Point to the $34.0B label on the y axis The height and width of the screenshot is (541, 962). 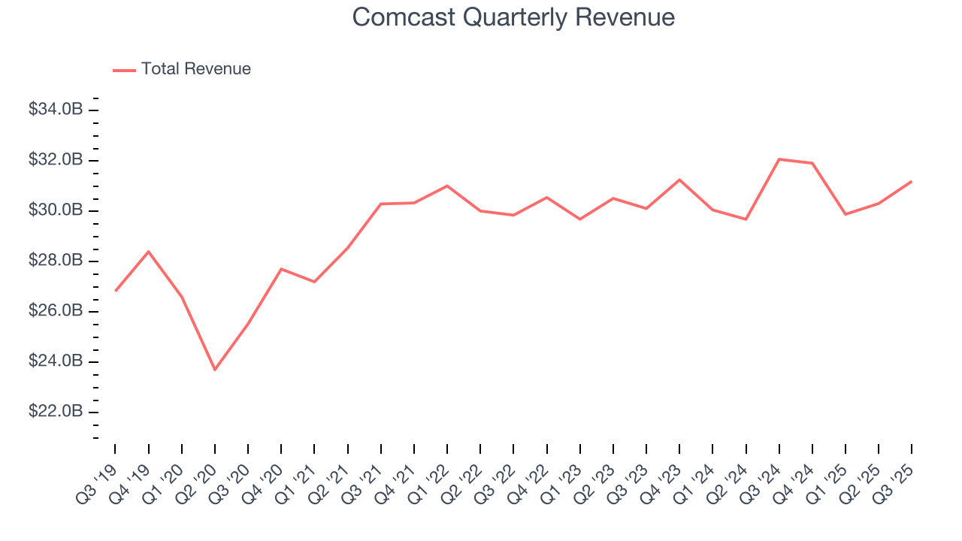click(55, 110)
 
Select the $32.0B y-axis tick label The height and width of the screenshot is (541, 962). click(55, 160)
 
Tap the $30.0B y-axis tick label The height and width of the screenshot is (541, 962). click(55, 210)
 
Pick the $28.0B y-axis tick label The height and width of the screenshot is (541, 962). click(55, 261)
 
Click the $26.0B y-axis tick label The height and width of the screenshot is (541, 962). click(55, 311)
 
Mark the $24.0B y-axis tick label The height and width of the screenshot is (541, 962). click(55, 361)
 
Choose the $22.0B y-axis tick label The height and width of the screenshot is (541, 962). click(55, 412)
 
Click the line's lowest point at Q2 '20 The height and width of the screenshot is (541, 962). click(215, 370)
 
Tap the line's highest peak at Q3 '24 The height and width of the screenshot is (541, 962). click(779, 159)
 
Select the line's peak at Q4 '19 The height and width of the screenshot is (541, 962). click(149, 252)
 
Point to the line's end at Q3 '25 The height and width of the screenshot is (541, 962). click(912, 181)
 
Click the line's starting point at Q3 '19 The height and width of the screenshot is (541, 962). click(116, 291)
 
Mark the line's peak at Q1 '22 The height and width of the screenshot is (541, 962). click(447, 186)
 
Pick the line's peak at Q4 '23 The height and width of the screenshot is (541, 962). click(679, 180)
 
